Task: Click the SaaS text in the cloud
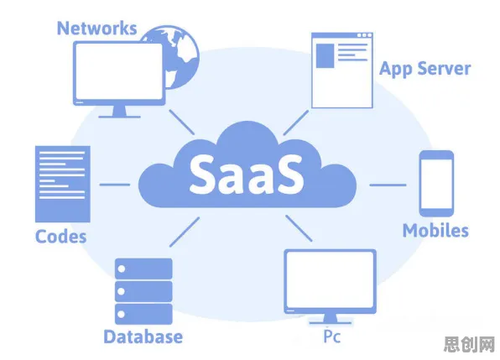247,174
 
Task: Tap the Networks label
97,28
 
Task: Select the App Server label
424,69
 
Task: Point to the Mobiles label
435,231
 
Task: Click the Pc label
332,337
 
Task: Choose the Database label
143,337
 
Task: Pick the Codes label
61,237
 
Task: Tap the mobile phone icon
436,183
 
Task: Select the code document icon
62,184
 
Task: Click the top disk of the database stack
143,269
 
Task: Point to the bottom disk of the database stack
143,314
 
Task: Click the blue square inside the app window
325,55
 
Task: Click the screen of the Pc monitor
330,279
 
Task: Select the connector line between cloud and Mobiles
388,185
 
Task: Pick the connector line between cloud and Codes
115,185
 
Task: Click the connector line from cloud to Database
185,232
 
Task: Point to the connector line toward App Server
296,123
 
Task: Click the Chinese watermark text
469,344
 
